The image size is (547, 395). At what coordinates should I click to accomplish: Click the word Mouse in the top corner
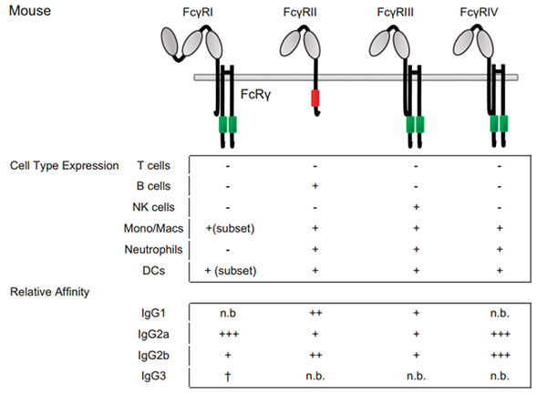pos(30,12)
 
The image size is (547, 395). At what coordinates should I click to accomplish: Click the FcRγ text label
pos(255,94)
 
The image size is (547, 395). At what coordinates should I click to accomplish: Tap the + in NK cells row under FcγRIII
pos(416,207)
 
